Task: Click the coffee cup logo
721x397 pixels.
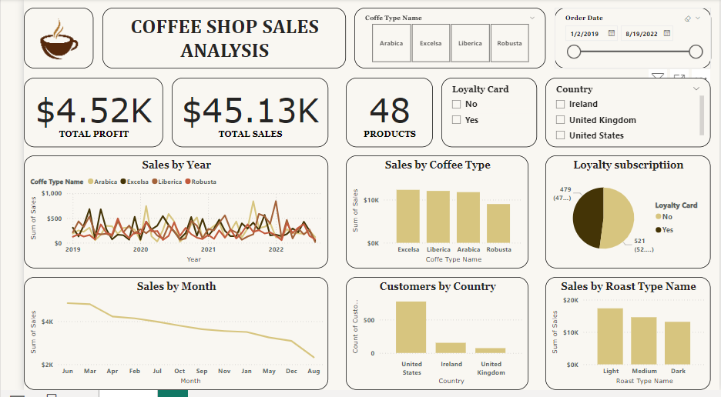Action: click(x=59, y=39)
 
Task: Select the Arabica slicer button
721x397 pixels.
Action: click(x=391, y=43)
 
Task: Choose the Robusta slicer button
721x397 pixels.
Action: click(x=509, y=43)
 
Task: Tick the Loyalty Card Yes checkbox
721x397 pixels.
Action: click(x=457, y=120)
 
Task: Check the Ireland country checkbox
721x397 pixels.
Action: click(x=561, y=105)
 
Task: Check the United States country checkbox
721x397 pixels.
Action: click(x=561, y=135)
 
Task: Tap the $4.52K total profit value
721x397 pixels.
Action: click(x=93, y=112)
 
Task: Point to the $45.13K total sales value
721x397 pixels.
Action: click(x=250, y=112)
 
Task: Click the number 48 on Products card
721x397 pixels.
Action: click(x=390, y=112)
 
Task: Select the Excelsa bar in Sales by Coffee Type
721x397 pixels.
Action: click(x=408, y=216)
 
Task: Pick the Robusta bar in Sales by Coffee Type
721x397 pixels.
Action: click(x=498, y=223)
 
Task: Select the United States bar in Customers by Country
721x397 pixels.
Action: click(x=411, y=327)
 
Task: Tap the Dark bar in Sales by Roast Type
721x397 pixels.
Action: click(x=677, y=342)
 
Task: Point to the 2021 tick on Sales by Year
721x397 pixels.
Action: click(x=208, y=250)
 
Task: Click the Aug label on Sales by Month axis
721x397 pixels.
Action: click(x=314, y=371)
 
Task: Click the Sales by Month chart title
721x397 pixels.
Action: click(x=176, y=286)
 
